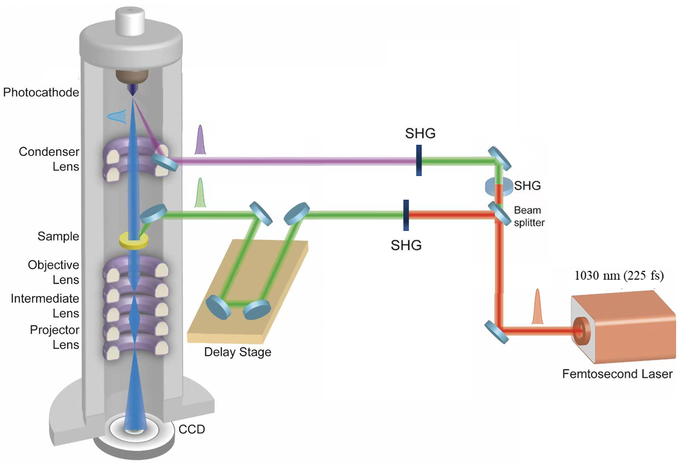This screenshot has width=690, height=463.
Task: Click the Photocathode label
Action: [x=41, y=92]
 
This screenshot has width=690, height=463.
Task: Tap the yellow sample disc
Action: [x=134, y=241]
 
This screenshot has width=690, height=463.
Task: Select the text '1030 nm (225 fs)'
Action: [x=619, y=276]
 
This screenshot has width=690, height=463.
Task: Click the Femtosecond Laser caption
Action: [x=618, y=374]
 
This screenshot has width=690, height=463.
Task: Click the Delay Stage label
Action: [x=237, y=352]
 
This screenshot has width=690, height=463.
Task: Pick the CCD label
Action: [x=192, y=429]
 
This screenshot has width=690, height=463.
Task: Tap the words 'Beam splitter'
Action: [x=529, y=216]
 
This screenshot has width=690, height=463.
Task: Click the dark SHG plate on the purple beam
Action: [x=419, y=160]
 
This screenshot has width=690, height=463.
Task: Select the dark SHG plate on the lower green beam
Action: [x=406, y=215]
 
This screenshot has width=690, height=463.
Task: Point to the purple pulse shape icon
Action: [x=200, y=140]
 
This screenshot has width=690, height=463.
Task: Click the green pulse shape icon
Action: [x=200, y=192]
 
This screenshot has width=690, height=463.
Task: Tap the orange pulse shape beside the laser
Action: [x=537, y=306]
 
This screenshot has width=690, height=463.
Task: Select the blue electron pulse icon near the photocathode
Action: [x=117, y=117]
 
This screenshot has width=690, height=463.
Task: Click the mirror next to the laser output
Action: [x=496, y=332]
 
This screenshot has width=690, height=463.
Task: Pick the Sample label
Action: [x=58, y=236]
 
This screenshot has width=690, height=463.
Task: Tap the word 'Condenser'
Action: [x=49, y=151]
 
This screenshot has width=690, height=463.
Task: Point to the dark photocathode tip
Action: [x=133, y=90]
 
